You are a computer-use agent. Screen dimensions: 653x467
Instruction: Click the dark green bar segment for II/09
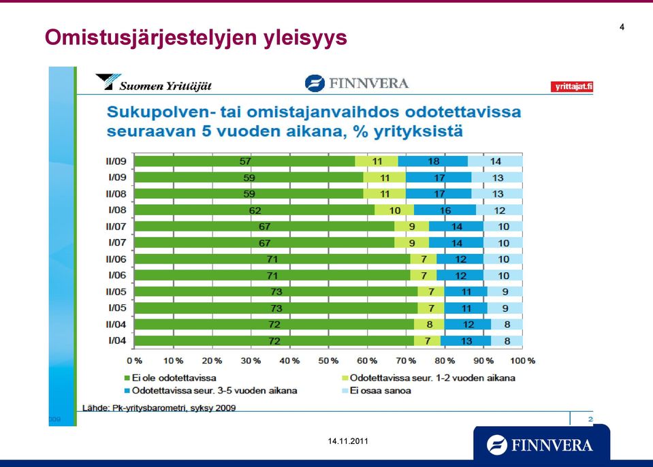244,161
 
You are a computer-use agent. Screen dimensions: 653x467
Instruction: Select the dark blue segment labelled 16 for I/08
445,210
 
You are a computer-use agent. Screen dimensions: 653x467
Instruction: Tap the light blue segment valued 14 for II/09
495,161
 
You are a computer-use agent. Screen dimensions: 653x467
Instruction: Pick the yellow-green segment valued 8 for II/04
429,324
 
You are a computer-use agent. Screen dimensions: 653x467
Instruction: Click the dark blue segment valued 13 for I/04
466,341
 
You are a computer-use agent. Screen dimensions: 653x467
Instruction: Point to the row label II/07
116,227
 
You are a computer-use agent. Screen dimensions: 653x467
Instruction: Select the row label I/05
117,308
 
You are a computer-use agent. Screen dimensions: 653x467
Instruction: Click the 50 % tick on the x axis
328,360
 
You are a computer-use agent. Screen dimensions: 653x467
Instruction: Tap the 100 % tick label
523,360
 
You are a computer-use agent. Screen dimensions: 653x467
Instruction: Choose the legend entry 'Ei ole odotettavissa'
170,378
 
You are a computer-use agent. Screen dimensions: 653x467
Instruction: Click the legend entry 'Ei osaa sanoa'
377,391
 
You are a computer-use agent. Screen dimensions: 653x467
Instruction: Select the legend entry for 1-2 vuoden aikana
428,378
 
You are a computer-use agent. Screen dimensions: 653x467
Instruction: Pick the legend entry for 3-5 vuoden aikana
210,391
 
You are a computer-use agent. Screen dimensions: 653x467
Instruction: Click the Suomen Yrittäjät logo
154,82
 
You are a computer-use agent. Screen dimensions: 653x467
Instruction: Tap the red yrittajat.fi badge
572,86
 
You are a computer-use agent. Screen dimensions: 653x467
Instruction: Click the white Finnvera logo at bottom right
540,445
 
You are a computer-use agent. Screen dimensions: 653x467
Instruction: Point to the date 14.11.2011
348,441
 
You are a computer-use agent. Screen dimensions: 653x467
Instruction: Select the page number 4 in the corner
622,27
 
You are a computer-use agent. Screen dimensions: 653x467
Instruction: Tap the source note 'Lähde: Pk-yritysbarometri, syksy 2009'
159,408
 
